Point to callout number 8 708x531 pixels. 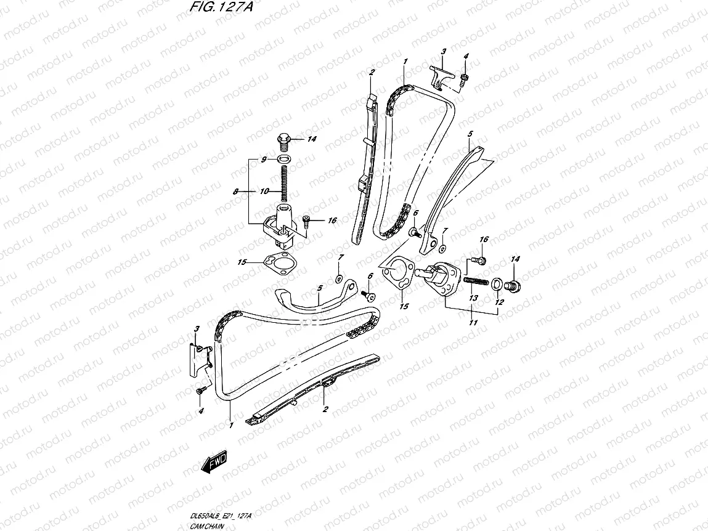click(x=235, y=192)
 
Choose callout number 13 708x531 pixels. click(x=473, y=298)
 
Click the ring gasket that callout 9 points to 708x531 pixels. click(x=284, y=160)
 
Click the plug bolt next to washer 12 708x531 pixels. click(x=513, y=285)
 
